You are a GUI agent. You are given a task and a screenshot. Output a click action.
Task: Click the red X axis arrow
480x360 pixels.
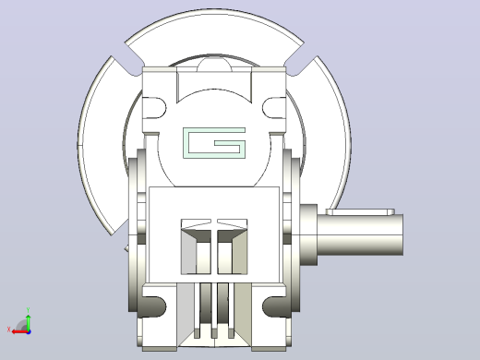pyautogui.click(x=19, y=331)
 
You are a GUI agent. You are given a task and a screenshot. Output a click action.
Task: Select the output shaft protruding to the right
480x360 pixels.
pyautogui.click(x=360, y=234)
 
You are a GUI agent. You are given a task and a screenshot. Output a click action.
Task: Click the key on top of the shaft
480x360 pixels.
pyautogui.click(x=360, y=211)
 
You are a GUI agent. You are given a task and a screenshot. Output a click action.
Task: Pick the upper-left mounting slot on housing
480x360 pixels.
pyautogui.click(x=154, y=108)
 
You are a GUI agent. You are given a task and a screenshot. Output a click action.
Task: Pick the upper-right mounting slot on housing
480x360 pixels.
pyautogui.click(x=274, y=108)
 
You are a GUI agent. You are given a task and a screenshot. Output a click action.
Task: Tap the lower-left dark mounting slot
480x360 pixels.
pyautogui.click(x=154, y=306)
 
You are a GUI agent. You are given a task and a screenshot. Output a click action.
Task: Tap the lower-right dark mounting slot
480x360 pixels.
pyautogui.click(x=274, y=306)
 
